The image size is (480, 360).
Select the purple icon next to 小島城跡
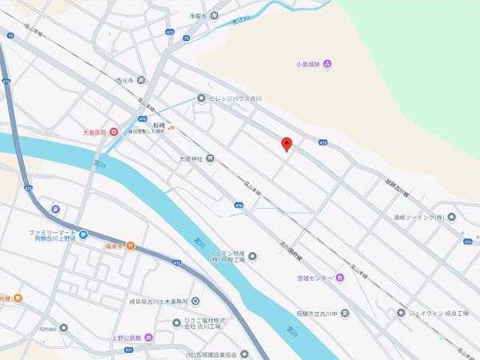[329, 64]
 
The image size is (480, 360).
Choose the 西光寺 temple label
[125, 80]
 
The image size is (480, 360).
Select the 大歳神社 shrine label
[191, 158]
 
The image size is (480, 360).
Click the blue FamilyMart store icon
[83, 235]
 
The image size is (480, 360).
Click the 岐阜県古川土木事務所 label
[153, 301]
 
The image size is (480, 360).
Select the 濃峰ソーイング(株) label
[418, 217]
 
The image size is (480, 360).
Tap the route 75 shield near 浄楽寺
[186, 37]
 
